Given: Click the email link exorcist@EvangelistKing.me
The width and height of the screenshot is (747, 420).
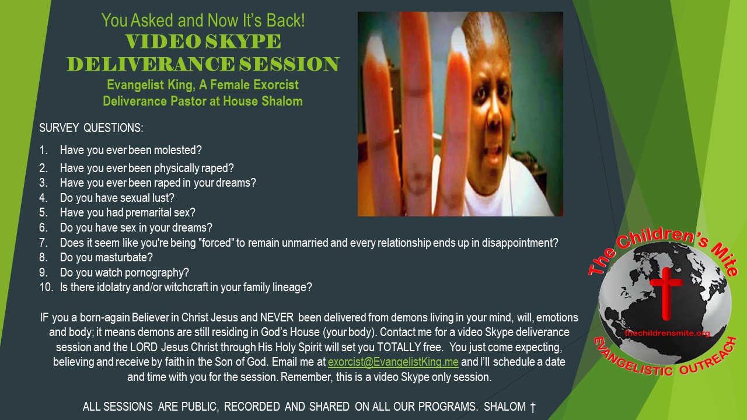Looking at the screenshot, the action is [x=393, y=362].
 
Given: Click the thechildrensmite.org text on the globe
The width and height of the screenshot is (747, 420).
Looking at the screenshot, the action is [x=667, y=333].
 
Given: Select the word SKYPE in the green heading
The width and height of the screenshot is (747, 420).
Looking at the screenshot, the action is [x=243, y=41].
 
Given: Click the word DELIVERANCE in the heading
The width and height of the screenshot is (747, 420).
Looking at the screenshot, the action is [x=151, y=64].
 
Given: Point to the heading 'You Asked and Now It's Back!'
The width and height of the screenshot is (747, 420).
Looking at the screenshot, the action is [x=203, y=20].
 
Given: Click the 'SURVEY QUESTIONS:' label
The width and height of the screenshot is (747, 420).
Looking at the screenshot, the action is [x=91, y=128].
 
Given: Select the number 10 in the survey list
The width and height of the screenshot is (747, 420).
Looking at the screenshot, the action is [x=46, y=287].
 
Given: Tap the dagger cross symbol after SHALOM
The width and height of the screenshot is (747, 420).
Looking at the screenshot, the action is [x=533, y=407].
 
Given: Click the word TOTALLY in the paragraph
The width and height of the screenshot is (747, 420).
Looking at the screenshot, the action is [x=399, y=347].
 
